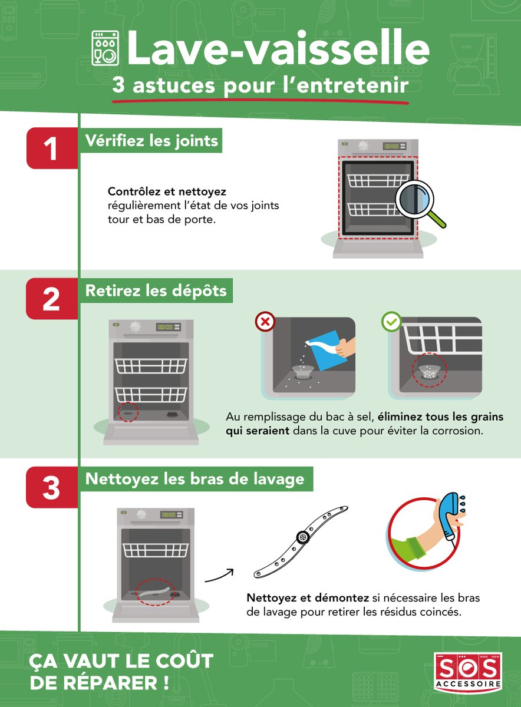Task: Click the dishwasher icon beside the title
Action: click(x=105, y=48)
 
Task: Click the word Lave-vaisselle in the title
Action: click(x=278, y=48)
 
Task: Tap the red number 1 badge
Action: click(x=52, y=148)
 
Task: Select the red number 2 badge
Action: click(x=52, y=299)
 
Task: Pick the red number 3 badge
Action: click(x=52, y=487)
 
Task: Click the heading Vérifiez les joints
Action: click(x=151, y=140)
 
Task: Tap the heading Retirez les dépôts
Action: click(x=156, y=290)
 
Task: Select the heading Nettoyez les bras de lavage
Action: click(x=195, y=479)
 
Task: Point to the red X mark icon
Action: click(x=265, y=322)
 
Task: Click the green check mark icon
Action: click(x=391, y=322)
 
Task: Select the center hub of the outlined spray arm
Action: click(x=303, y=537)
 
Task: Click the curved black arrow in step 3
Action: click(x=219, y=576)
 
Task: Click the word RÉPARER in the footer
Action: click(x=110, y=682)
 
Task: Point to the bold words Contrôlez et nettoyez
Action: click(x=167, y=191)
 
